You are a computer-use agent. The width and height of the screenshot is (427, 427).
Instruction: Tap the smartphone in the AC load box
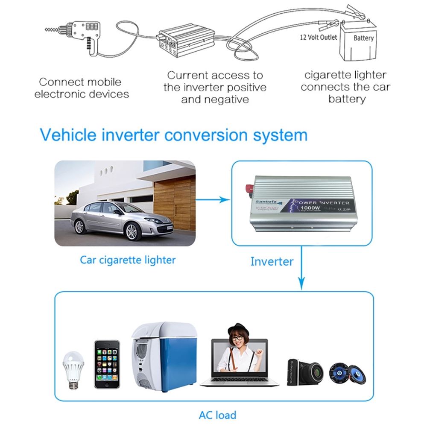[x=107, y=364]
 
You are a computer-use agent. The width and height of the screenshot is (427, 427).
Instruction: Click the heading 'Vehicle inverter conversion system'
[x=173, y=135]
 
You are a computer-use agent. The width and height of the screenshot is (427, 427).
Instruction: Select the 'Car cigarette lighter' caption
[x=128, y=260]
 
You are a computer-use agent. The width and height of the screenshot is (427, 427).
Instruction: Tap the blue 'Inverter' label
[x=272, y=261]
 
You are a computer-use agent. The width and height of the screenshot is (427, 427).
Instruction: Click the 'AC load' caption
[x=217, y=415]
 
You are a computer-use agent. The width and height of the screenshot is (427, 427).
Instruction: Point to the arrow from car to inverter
[x=213, y=199]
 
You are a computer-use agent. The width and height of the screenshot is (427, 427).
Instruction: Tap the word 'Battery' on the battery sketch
[x=363, y=38]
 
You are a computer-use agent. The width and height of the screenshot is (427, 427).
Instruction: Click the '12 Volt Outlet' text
[x=318, y=37]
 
